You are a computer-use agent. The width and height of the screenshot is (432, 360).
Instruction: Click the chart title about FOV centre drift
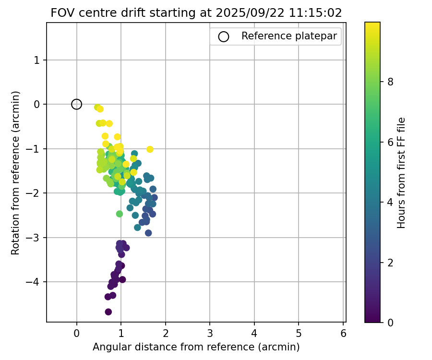tap(196, 13)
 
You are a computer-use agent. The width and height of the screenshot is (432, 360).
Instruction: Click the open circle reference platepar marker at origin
tap(76, 104)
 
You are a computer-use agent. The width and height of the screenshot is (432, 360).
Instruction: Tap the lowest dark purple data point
tap(108, 312)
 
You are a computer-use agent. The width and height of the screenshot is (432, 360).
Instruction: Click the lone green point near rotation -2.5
tap(120, 214)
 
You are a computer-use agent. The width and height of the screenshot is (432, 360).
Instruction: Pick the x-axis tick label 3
tap(210, 333)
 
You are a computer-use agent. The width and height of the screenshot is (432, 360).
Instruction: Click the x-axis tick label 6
tap(343, 333)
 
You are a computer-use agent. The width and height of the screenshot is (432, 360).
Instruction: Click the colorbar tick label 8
tap(390, 82)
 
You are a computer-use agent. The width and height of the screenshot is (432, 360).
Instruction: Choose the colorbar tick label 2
tap(390, 262)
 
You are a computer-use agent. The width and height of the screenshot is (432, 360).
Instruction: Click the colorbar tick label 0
tap(390, 322)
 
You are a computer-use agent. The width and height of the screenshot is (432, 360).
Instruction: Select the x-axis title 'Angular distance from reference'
tap(196, 347)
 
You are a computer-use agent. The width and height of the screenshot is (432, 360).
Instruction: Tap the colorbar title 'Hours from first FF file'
tap(402, 172)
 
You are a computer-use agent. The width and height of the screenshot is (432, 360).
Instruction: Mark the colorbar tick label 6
tap(390, 142)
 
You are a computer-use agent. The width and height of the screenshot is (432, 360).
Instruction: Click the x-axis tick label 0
tap(76, 333)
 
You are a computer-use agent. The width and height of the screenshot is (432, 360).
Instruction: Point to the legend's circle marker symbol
tap(223, 36)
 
